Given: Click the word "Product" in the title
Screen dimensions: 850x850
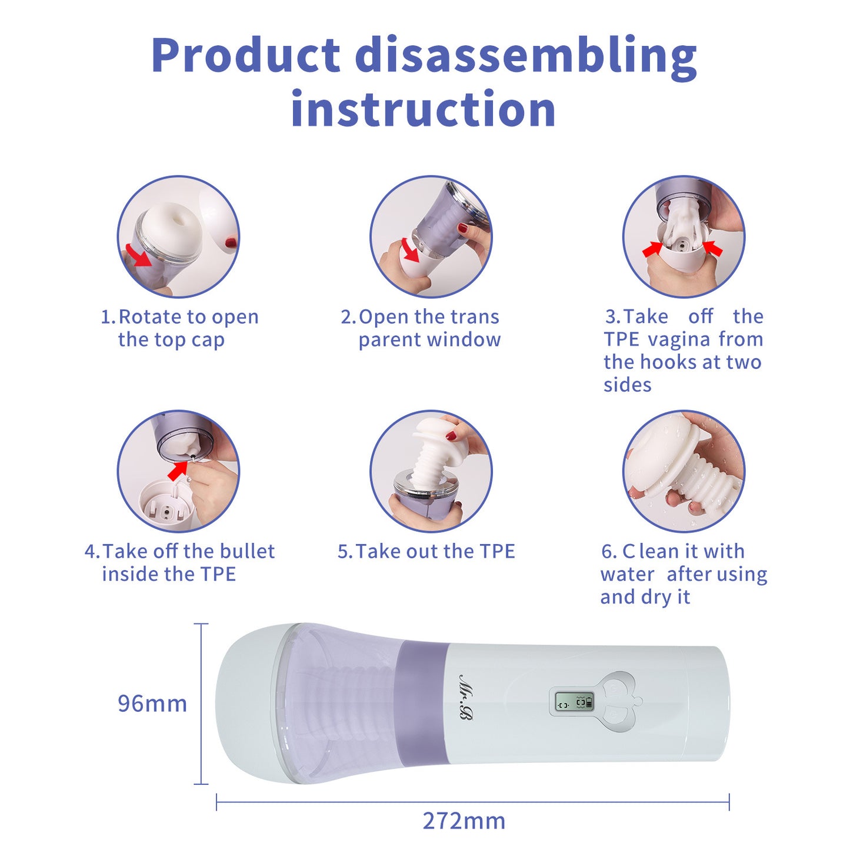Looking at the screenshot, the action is (246, 56).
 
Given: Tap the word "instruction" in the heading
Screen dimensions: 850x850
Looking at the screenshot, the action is (423, 108).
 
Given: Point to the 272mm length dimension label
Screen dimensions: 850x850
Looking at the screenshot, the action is (464, 821).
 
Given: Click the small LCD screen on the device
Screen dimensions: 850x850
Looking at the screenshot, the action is (574, 701).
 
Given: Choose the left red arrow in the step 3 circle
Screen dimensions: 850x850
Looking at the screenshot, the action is (652, 249).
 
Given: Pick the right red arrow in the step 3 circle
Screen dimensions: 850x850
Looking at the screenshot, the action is (712, 248).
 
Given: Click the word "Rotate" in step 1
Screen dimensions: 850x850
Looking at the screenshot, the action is (151, 316).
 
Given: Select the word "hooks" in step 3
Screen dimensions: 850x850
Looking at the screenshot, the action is (669, 362).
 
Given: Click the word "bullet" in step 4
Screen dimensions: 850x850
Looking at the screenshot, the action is (247, 551).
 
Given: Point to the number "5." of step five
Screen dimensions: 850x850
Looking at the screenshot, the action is (345, 552).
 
